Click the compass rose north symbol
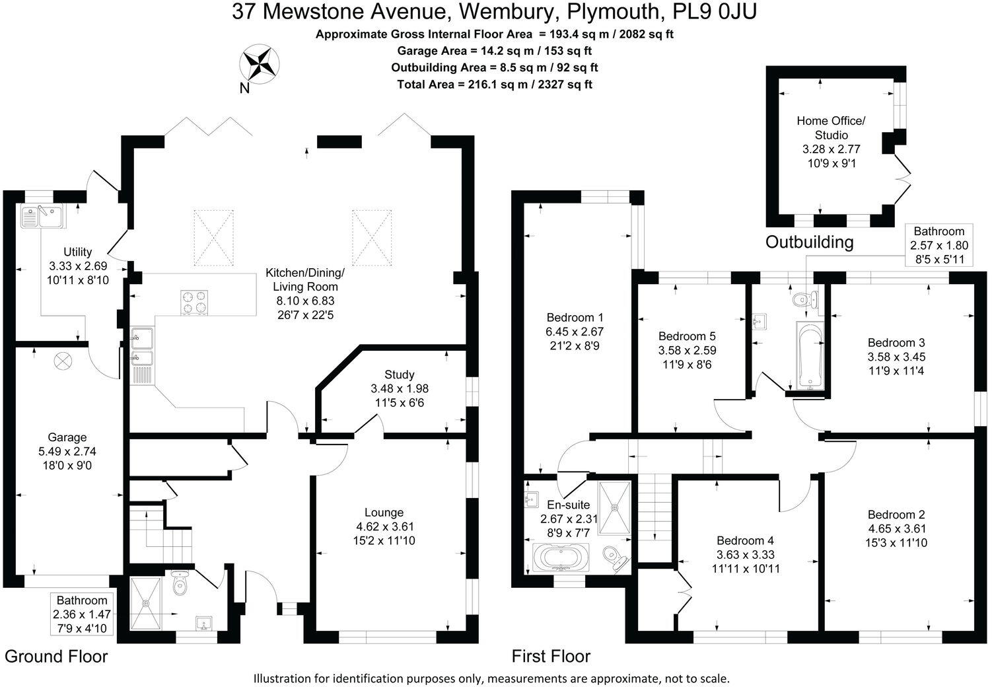(x=259, y=65)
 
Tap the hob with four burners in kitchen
(x=194, y=303)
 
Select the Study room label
(x=399, y=375)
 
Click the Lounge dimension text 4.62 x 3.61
(x=384, y=526)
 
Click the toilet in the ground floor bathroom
(x=180, y=583)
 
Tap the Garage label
(x=67, y=437)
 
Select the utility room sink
(x=41, y=216)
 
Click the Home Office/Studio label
(x=830, y=127)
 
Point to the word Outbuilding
(x=809, y=242)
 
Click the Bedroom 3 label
(x=896, y=342)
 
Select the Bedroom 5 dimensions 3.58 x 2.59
(x=687, y=350)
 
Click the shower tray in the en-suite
(x=615, y=507)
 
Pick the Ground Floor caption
(x=56, y=656)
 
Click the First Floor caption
(x=551, y=656)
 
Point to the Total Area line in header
(x=495, y=84)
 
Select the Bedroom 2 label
(x=896, y=515)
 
